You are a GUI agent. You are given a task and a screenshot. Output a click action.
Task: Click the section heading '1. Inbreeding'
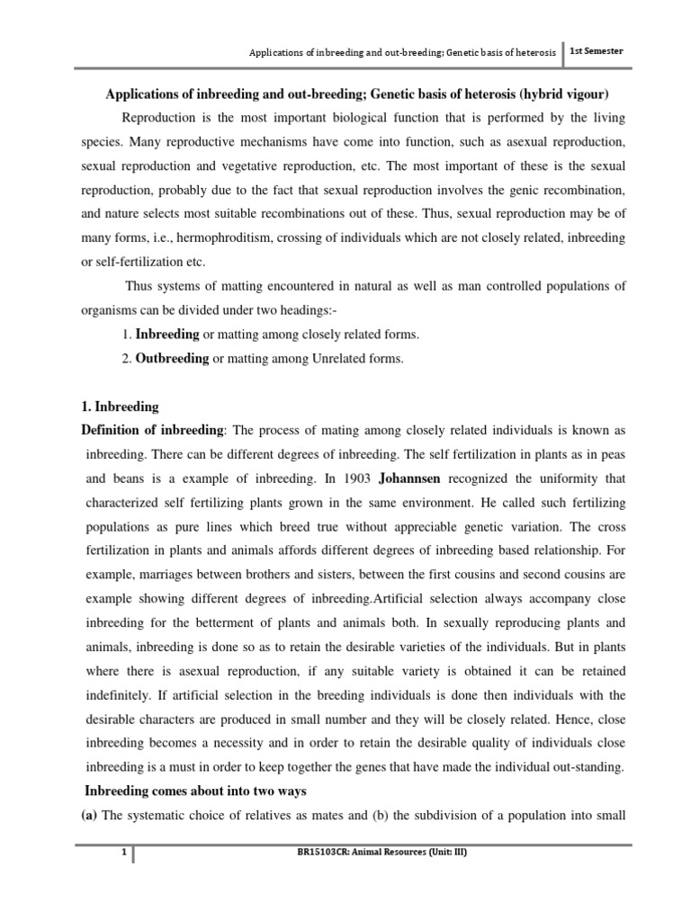click(x=120, y=407)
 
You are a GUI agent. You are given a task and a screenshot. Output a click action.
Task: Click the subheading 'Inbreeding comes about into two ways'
click(x=196, y=791)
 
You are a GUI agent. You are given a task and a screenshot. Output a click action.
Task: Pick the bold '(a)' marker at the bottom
click(x=90, y=815)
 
